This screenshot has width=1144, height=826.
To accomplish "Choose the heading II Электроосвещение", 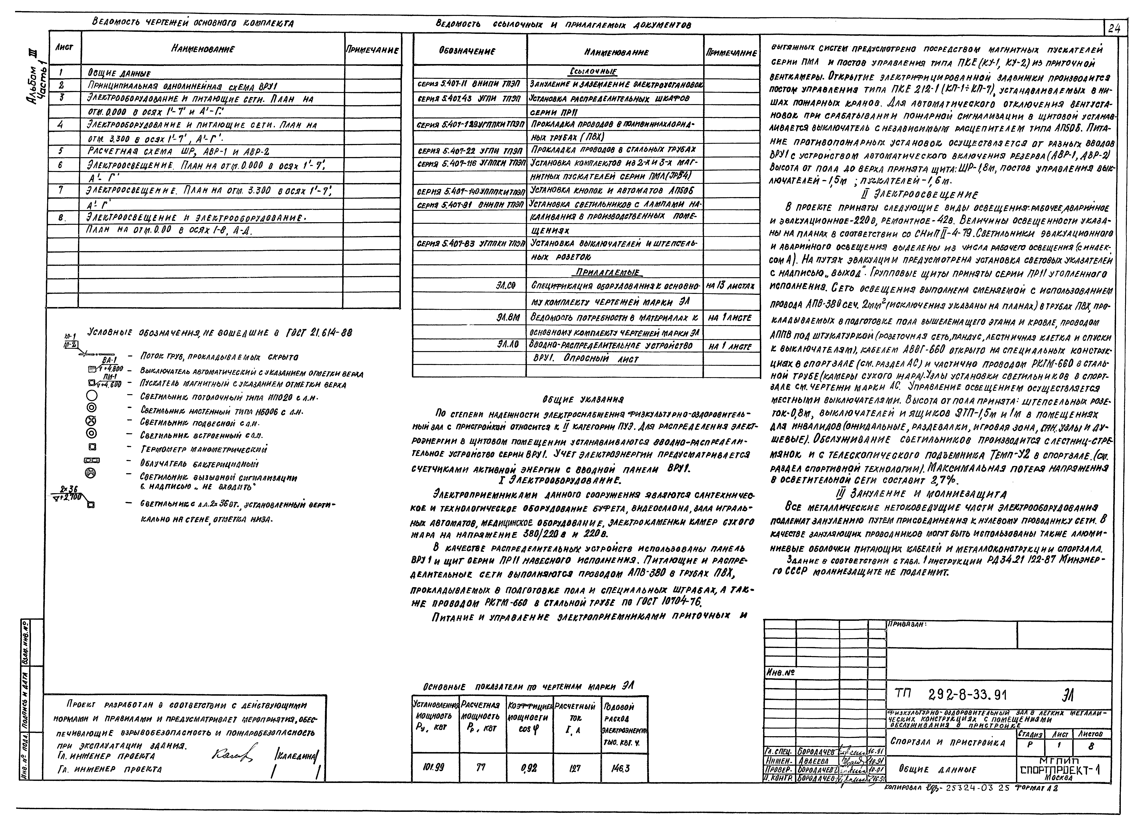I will click(x=919, y=194).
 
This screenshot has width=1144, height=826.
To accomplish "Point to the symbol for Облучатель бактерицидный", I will click(x=92, y=460).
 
